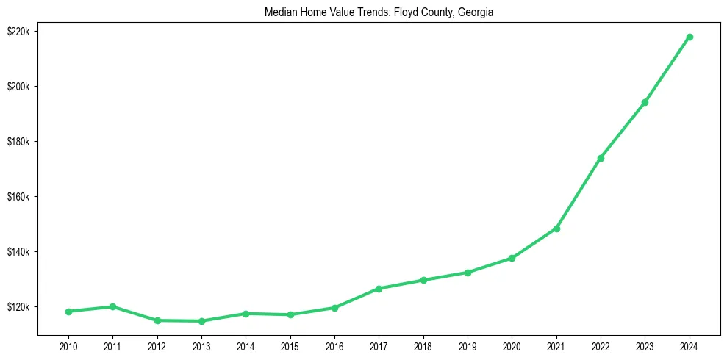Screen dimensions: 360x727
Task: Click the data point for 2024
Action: [x=690, y=37]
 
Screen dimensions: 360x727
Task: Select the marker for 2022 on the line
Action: [x=601, y=158]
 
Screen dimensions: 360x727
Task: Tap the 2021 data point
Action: [x=556, y=228]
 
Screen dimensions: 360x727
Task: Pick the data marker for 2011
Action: [x=112, y=306]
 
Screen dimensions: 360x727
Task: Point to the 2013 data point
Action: [x=201, y=321]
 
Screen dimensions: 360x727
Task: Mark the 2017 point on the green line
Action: [x=379, y=289]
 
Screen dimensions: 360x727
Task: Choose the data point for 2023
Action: [x=645, y=102]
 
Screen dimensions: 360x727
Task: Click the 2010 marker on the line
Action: [x=68, y=312]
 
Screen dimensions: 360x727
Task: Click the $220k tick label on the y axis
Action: [x=18, y=32]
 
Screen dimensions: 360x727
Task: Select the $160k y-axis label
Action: [x=18, y=197]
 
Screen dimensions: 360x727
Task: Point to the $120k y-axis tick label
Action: [x=18, y=307]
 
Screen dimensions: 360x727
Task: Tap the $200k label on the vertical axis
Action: [x=18, y=87]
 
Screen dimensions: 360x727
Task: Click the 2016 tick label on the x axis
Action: [x=334, y=346]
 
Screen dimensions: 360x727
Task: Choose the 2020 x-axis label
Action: [x=512, y=346]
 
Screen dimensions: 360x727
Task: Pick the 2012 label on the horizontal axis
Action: [x=157, y=346]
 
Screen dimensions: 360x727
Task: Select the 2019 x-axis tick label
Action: [x=468, y=346]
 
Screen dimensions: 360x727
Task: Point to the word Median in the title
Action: [x=280, y=12]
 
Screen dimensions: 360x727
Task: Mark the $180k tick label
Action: [x=18, y=142]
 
